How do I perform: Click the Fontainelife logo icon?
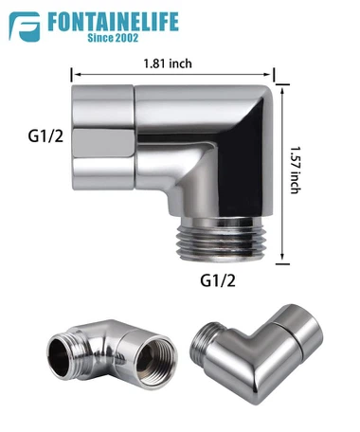(25, 27)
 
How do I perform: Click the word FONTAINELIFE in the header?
(113, 22)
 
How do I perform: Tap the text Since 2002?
(113, 38)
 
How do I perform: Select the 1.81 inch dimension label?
(168, 63)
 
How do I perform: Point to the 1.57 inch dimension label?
(296, 170)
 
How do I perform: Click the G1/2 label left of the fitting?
(45, 136)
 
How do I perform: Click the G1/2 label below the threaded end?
(218, 280)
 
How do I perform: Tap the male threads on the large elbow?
(221, 240)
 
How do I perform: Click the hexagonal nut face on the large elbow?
(104, 142)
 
